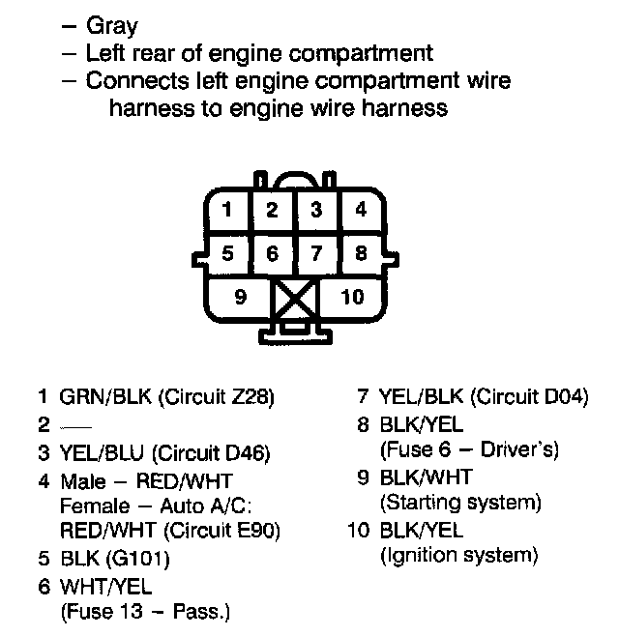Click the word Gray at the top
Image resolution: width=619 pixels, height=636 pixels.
(x=112, y=26)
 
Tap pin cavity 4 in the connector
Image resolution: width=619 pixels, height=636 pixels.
(x=360, y=210)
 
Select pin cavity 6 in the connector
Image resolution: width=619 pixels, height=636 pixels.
(x=273, y=254)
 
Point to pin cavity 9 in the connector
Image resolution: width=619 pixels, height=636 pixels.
(x=240, y=297)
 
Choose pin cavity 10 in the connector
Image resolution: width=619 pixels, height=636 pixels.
(x=352, y=297)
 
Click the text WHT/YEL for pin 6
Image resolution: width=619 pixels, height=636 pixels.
(x=106, y=585)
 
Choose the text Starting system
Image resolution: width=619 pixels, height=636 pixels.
(x=461, y=503)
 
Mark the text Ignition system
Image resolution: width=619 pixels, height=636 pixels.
(x=459, y=556)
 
